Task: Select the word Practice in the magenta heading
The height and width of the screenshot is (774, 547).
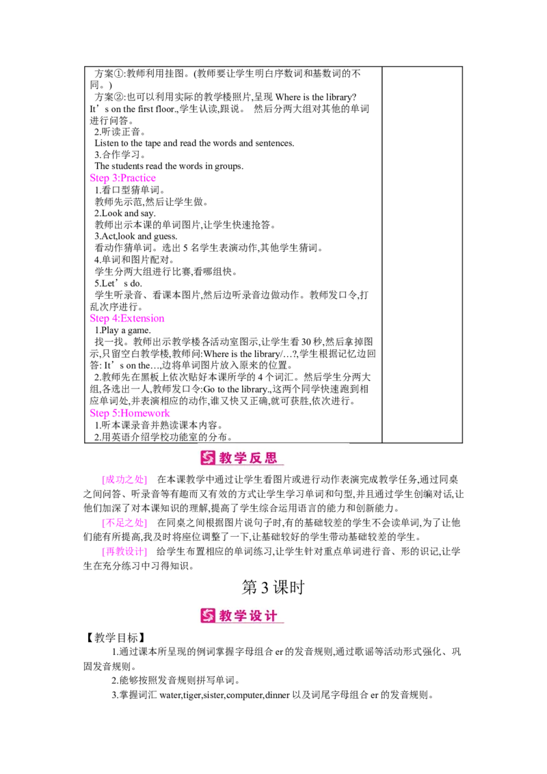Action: point(137,178)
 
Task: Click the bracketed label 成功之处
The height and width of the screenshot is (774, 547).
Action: point(124,480)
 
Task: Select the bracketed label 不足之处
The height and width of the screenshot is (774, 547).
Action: point(124,523)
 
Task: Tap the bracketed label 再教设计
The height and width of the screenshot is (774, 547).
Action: point(124,551)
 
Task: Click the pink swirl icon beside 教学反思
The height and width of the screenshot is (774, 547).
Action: point(208,458)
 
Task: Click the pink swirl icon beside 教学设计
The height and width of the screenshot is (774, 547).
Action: point(208,615)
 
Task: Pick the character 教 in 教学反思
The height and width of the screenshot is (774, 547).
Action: point(226,458)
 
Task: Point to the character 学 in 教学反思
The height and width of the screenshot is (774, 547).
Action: point(241,458)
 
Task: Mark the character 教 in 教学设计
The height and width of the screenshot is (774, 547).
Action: point(226,615)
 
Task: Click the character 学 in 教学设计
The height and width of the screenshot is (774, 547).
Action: point(241,615)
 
